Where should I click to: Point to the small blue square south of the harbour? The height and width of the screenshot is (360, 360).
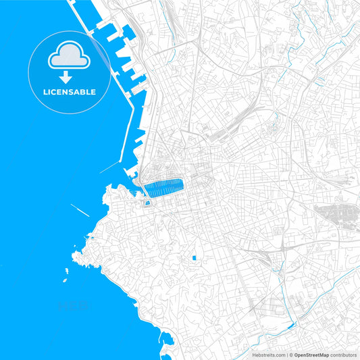[195, 258]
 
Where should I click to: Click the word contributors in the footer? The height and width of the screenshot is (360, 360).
[344, 355]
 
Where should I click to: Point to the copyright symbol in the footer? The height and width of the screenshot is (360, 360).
[291, 355]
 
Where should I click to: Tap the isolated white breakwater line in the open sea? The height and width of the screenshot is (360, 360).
[80, 209]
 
